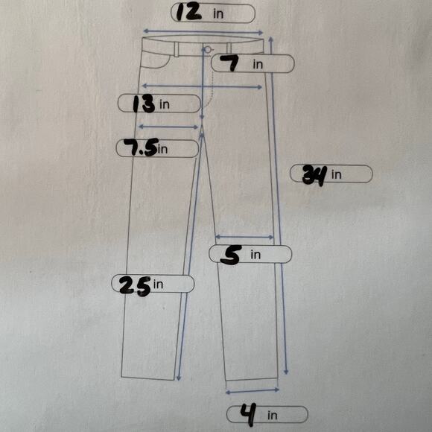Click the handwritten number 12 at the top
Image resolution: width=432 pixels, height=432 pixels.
click(188, 13)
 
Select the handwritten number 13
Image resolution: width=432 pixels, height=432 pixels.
click(144, 104)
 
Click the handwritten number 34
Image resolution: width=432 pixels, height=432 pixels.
click(314, 175)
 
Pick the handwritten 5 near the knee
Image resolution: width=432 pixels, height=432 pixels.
click(231, 255)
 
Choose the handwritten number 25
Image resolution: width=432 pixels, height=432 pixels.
click(135, 285)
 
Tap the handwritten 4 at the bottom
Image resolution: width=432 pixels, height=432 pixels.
click(248, 414)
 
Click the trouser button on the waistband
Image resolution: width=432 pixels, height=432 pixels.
click(208, 50)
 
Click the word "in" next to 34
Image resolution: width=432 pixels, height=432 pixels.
click(336, 174)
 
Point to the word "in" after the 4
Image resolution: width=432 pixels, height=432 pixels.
click(272, 415)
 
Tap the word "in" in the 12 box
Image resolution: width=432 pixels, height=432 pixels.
click(218, 13)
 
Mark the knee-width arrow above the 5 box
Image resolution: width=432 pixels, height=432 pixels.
click(244, 237)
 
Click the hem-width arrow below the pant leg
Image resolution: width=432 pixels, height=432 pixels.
click(252, 391)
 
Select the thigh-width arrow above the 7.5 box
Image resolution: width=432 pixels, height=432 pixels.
click(168, 127)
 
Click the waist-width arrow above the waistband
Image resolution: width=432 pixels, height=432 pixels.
click(203, 32)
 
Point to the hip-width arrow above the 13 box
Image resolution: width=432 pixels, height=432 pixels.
click(202, 86)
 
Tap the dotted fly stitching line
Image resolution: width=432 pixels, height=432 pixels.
click(212, 91)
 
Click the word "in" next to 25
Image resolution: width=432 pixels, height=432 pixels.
click(158, 285)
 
